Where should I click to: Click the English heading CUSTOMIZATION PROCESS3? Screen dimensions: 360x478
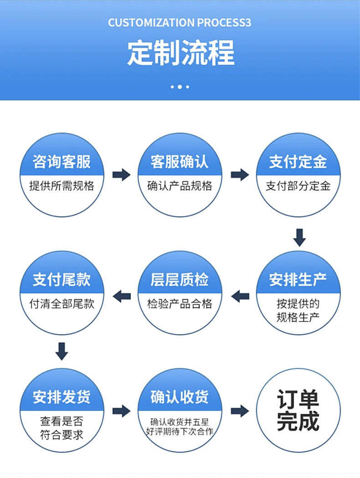click(x=180, y=23)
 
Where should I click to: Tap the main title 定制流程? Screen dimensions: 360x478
click(x=180, y=53)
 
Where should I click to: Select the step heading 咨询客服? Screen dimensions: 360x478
click(x=62, y=162)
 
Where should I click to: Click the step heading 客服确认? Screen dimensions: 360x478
click(x=180, y=162)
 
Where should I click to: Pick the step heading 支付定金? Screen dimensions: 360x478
click(x=298, y=162)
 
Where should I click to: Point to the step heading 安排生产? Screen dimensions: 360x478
click(x=298, y=280)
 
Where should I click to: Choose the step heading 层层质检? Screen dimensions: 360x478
click(x=180, y=280)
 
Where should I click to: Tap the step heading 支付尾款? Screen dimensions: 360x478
click(x=62, y=280)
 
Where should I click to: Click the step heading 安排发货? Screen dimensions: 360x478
click(x=62, y=397)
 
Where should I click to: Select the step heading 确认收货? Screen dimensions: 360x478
click(x=180, y=397)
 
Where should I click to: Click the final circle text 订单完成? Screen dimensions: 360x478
click(x=298, y=410)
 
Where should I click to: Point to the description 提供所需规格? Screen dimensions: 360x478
click(x=62, y=186)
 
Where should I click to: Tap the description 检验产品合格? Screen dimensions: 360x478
click(x=180, y=304)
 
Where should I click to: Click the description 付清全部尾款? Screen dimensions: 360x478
click(x=62, y=304)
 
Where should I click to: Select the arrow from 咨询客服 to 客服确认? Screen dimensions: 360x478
click(x=121, y=174)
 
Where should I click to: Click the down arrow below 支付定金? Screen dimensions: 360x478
click(x=299, y=237)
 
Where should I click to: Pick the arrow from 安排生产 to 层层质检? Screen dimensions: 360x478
click(x=240, y=296)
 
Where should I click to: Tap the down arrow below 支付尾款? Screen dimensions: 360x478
click(x=62, y=351)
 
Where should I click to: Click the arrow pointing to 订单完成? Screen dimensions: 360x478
click(x=240, y=411)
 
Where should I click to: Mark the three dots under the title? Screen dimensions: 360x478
click(x=180, y=86)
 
